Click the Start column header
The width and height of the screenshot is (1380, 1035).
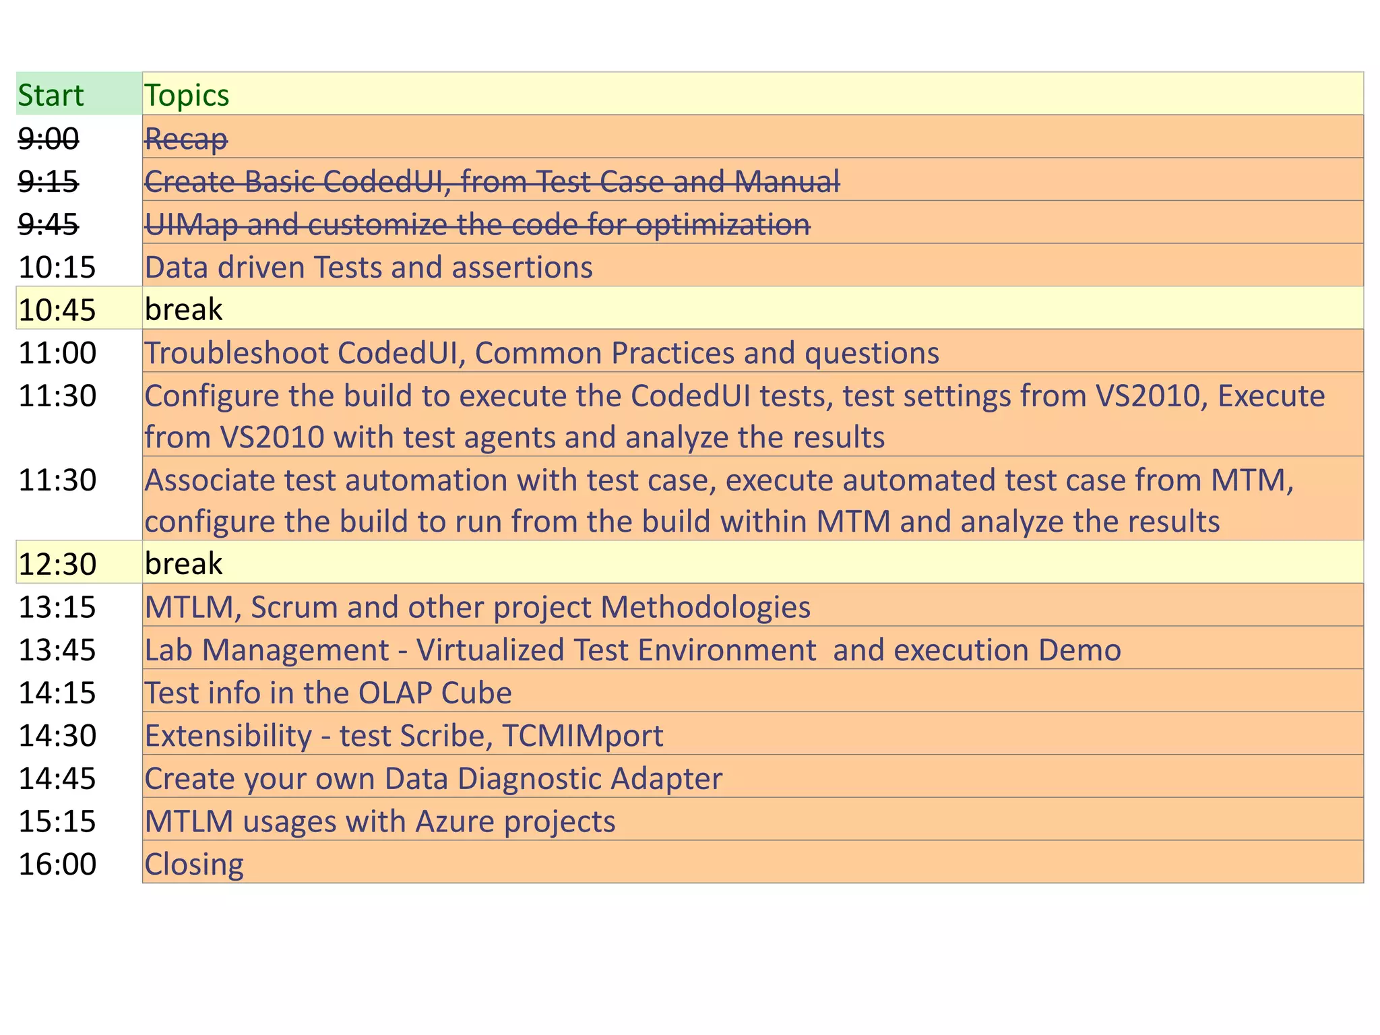coord(51,95)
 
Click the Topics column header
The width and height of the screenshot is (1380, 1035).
coord(187,95)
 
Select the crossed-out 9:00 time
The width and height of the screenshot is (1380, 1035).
coord(49,139)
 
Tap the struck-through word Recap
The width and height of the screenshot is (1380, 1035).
coord(186,139)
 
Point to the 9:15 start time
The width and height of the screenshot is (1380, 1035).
coord(49,181)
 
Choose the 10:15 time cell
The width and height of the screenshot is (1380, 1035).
coord(57,268)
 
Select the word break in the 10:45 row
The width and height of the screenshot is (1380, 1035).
coord(183,309)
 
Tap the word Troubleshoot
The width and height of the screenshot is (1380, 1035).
coord(237,353)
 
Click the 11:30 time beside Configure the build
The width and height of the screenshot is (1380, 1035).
coord(57,396)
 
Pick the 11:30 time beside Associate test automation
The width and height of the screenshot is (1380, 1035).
coord(57,480)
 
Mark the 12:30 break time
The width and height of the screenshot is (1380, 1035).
coord(57,564)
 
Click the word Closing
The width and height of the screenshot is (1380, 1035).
coord(194,865)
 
